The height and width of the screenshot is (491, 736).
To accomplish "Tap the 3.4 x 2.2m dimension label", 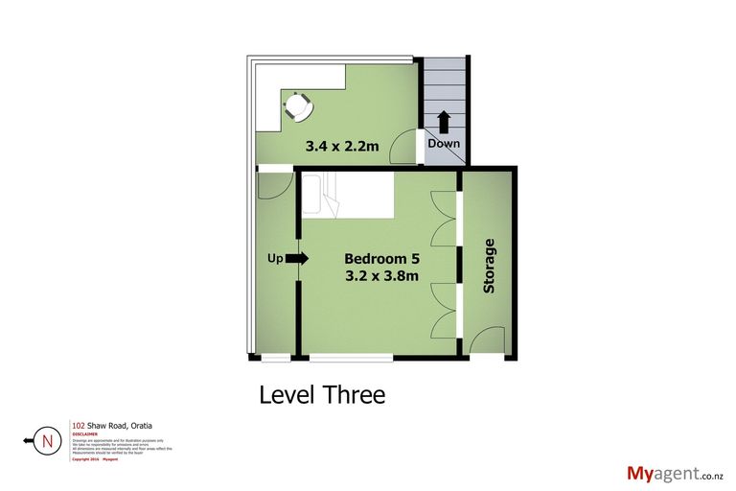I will tap(342, 147).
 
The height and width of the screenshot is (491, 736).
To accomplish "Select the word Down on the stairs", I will tap(444, 144).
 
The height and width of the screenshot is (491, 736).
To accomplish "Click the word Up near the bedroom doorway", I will tap(274, 259).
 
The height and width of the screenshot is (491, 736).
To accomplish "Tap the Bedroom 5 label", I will tap(381, 259).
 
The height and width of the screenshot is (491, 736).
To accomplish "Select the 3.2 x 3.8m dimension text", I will tap(381, 277).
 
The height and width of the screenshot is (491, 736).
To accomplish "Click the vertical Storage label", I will tap(490, 266).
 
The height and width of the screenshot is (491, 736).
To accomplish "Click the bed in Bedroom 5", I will tap(347, 196).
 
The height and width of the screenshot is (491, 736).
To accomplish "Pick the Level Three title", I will tap(322, 395).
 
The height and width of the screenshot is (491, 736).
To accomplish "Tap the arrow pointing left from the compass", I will tap(28, 442).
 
